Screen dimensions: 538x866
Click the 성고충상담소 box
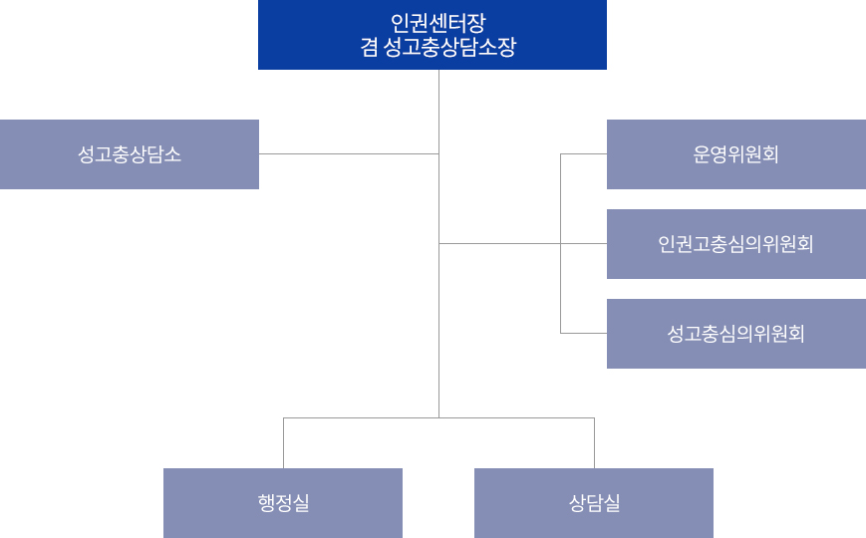pos(130,154)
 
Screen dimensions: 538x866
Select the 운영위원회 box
pos(735,154)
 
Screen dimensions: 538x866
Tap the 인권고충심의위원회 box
pos(735,244)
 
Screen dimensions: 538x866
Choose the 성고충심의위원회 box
pos(735,334)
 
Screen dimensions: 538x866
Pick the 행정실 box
pos(283,503)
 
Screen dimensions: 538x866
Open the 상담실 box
pos(594,503)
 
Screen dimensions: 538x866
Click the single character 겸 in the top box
pos(369,47)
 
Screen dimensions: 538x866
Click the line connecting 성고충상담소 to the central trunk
pos(349,153)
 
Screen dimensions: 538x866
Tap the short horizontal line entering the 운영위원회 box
pos(584,154)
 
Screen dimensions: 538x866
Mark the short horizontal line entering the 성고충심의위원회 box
pos(584,333)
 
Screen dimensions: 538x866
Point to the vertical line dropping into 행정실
pos(283,443)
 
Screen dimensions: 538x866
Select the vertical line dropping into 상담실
pos(594,443)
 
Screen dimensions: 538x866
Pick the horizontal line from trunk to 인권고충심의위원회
pos(498,243)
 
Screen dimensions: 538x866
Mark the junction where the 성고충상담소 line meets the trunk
pos(438,153)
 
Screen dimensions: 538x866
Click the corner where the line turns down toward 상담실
pos(594,417)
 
